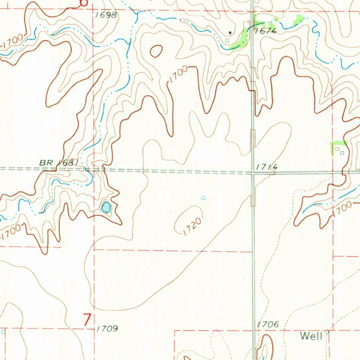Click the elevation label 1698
pyautogui.click(x=106, y=15)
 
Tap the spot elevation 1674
pyautogui.click(x=266, y=31)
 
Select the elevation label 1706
pyautogui.click(x=268, y=324)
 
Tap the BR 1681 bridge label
pyautogui.click(x=58, y=163)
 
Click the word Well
pyautogui.click(x=311, y=336)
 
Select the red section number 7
pyautogui.click(x=87, y=320)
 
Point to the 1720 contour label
pyautogui.click(x=192, y=227)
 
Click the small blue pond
pyautogui.click(x=106, y=207)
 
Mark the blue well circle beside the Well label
pyautogui.click(x=327, y=332)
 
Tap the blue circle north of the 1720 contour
pyautogui.click(x=203, y=198)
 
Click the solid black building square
pyautogui.click(x=230, y=33)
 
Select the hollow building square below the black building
pyautogui.click(x=227, y=40)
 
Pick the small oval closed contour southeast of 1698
pyautogui.click(x=156, y=51)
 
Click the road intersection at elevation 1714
pyautogui.click(x=253, y=173)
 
